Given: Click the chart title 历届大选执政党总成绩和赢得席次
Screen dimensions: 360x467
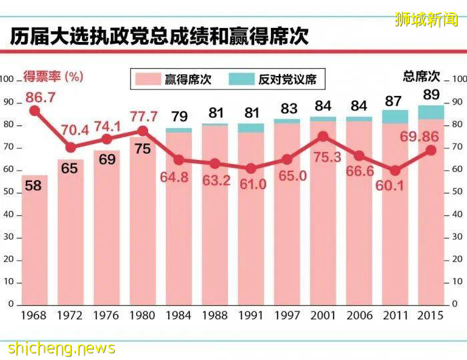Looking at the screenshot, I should (159, 36).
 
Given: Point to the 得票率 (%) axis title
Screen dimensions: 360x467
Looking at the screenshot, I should (53, 76).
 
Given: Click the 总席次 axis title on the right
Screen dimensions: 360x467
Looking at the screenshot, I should (422, 76).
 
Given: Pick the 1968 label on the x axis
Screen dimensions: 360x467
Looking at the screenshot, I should (33, 315).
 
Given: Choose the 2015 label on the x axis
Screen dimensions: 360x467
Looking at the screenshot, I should (431, 315).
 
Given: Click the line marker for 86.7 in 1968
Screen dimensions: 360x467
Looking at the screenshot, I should (34, 111).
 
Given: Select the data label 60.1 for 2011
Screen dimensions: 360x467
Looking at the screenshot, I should (393, 187).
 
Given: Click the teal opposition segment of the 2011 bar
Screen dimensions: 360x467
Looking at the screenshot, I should (395, 117).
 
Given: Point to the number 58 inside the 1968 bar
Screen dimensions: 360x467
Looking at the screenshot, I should (33, 186).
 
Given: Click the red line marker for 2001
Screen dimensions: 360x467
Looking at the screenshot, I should (323, 136).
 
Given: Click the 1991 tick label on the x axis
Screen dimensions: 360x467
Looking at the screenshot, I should (251, 315).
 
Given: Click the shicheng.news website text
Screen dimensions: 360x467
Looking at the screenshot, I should (61, 348).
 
